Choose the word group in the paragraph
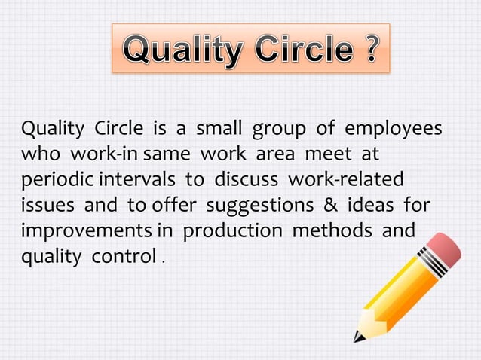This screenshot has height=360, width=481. click(x=279, y=129)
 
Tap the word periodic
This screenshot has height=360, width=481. click(x=54, y=181)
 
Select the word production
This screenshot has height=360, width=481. click(x=234, y=231)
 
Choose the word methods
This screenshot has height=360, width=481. click(x=332, y=230)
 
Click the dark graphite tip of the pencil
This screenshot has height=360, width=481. click(x=359, y=337)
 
